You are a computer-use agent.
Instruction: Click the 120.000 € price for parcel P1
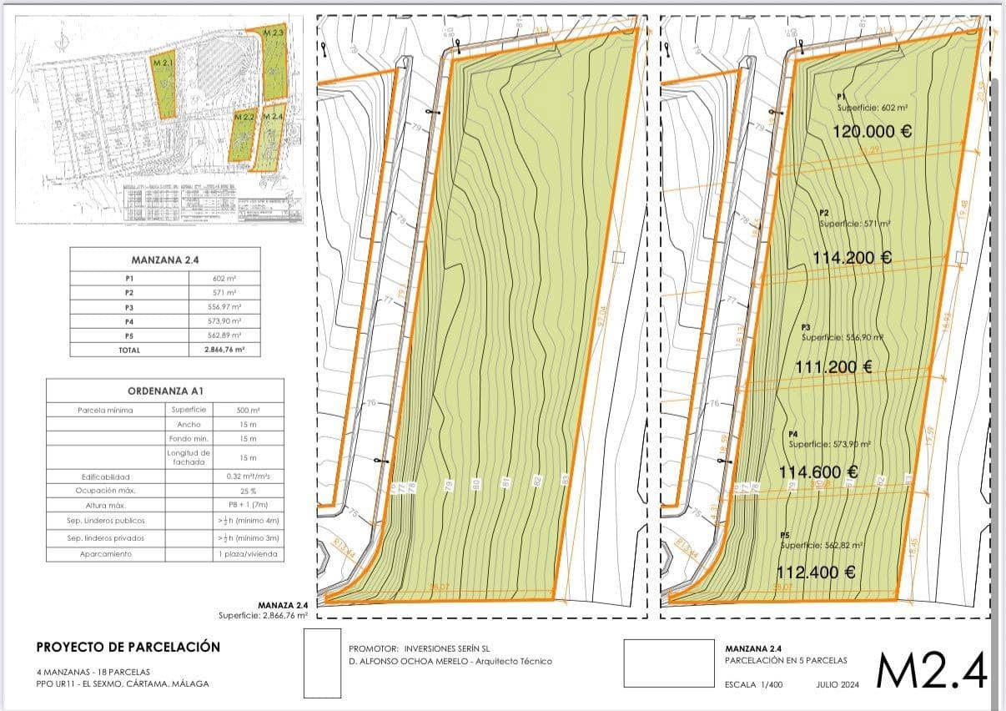tap(872, 131)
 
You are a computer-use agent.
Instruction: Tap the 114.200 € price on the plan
tap(852, 257)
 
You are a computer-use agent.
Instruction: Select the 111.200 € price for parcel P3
tap(834, 366)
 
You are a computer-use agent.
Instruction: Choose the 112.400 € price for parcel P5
tap(816, 572)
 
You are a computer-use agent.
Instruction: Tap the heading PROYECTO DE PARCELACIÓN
tap(128, 647)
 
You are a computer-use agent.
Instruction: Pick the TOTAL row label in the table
tap(128, 350)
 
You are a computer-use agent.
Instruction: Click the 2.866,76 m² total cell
tap(224, 350)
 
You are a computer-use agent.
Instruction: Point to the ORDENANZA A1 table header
tap(165, 391)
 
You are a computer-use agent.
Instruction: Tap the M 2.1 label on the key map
tap(162, 63)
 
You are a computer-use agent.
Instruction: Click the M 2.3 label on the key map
tap(274, 33)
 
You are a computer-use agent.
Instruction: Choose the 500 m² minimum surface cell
tap(249, 410)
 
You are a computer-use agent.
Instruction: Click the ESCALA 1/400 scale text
tap(754, 684)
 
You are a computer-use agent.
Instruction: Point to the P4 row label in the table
tap(128, 321)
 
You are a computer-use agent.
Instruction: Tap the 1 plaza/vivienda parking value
tap(249, 554)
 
